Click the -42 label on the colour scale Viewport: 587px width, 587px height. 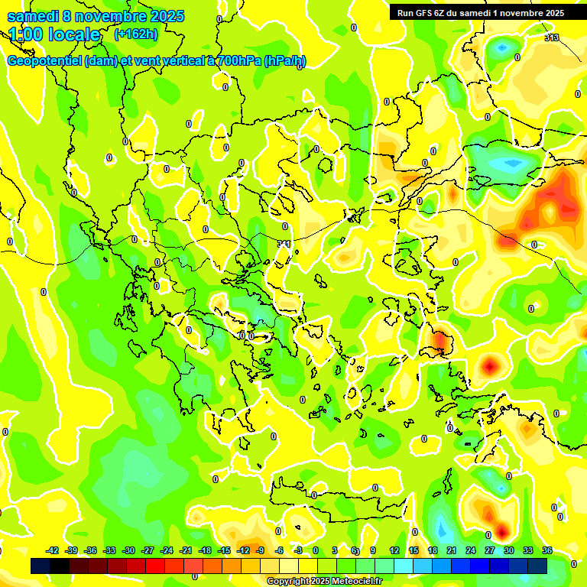(53, 550)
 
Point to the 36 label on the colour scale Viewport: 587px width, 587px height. (546, 550)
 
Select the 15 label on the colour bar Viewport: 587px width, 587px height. (413, 550)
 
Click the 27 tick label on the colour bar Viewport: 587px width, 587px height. (489, 550)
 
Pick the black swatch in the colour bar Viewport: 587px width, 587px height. (60, 566)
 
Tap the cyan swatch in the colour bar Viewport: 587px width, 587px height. (404, 566)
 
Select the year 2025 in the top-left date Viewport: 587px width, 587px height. (162, 16)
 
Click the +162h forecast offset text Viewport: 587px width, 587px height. (135, 34)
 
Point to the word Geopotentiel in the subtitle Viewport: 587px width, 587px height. (45, 61)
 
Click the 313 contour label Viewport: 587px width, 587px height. (552, 37)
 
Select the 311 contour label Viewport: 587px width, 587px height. (284, 244)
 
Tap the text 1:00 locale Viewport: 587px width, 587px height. (54, 34)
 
